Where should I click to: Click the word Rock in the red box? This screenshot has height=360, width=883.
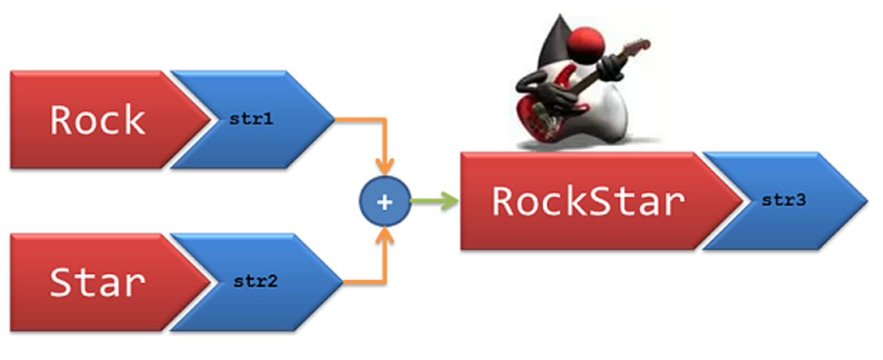[97, 120]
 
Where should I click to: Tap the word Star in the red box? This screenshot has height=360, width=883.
[97, 282]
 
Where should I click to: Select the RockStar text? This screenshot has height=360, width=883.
[588, 201]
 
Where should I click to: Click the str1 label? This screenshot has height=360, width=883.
[251, 119]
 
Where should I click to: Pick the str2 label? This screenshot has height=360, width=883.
[255, 281]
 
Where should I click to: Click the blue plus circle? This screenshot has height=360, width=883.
[384, 202]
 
